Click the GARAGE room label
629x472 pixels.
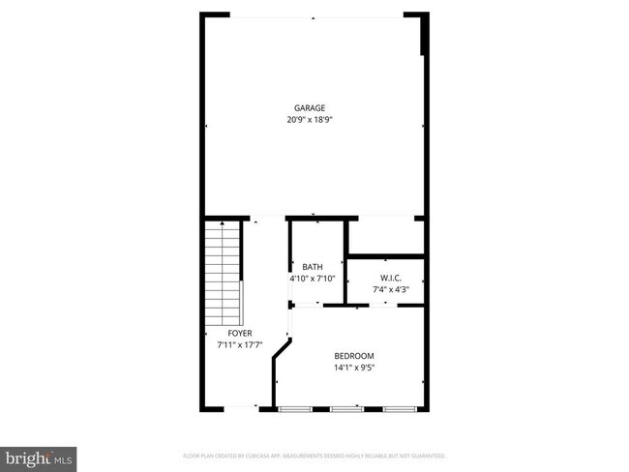(310, 108)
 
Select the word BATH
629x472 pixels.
(313, 268)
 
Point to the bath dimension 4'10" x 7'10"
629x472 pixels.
(313, 279)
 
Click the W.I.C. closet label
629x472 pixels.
(384, 278)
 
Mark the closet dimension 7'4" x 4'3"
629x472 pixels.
(384, 288)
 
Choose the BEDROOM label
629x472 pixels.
(353, 356)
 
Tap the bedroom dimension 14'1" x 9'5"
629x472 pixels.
(353, 368)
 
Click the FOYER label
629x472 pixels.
(240, 334)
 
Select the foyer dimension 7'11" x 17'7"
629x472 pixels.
(240, 344)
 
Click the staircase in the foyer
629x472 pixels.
(224, 273)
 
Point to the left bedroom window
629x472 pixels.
(292, 409)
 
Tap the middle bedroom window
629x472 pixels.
(345, 409)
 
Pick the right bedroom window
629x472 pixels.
(399, 409)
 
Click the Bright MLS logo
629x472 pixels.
(40, 456)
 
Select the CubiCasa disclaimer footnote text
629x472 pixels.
(314, 455)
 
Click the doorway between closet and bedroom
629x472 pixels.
(385, 305)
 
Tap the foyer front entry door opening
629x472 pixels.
(239, 408)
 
